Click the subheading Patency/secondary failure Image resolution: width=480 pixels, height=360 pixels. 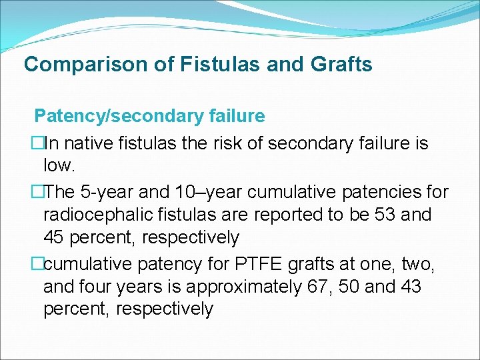149,116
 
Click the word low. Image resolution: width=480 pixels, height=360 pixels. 57,165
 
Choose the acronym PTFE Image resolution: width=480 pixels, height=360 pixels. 255,265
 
